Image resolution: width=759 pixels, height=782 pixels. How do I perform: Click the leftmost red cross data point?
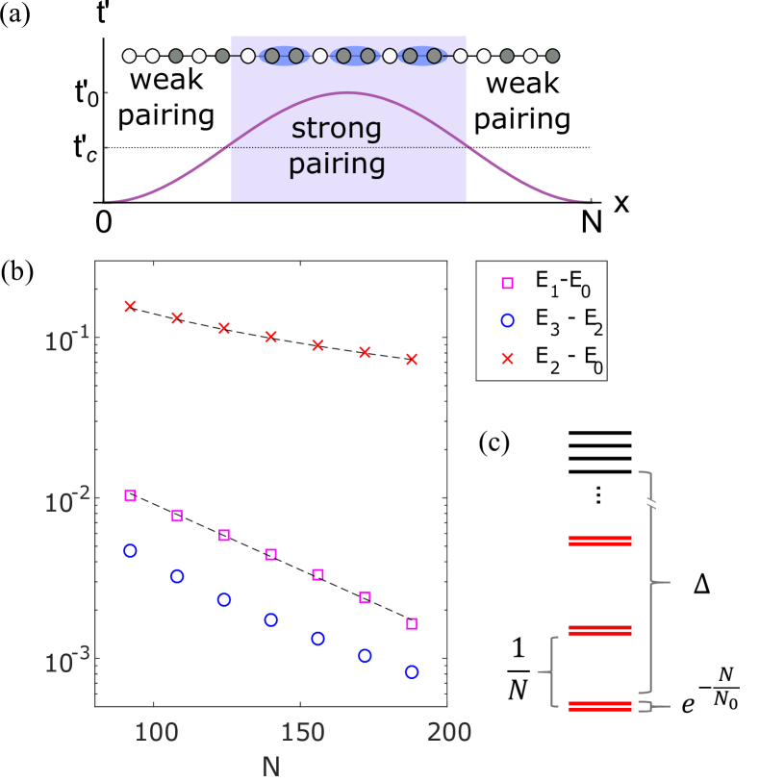click(x=131, y=306)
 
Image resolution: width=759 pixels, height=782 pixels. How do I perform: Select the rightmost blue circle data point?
click(x=412, y=671)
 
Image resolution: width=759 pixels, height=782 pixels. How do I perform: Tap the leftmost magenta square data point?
click(x=131, y=495)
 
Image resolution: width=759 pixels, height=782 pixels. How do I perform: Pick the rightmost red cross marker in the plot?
click(x=412, y=359)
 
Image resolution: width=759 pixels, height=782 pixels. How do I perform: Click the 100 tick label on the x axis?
click(x=154, y=732)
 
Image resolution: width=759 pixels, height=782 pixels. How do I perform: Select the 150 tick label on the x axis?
click(x=300, y=732)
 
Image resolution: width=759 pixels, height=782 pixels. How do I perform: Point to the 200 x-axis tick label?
click(x=447, y=732)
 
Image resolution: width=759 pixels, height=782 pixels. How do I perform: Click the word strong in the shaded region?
click(x=336, y=129)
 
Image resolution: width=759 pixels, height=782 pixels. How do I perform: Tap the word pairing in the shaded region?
click(x=337, y=164)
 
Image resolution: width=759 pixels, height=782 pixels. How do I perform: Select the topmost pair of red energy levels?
click(x=599, y=541)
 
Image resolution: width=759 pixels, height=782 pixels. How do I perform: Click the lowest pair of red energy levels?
click(x=599, y=706)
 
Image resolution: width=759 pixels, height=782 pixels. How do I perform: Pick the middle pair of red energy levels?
click(x=599, y=630)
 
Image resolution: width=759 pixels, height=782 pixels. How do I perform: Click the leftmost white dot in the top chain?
click(x=129, y=56)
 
